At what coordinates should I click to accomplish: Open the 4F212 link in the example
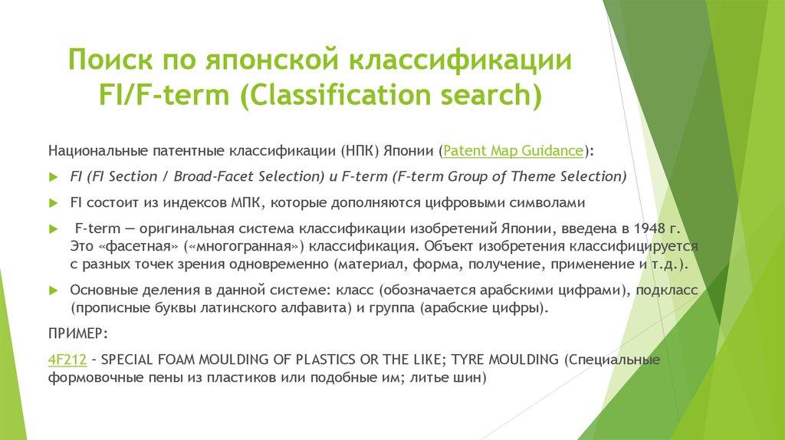[x=67, y=359]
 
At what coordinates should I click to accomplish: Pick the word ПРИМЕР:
[x=78, y=334]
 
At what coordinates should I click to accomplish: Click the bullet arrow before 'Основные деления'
[x=54, y=291]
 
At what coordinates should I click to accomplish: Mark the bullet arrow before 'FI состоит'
[x=54, y=203]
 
